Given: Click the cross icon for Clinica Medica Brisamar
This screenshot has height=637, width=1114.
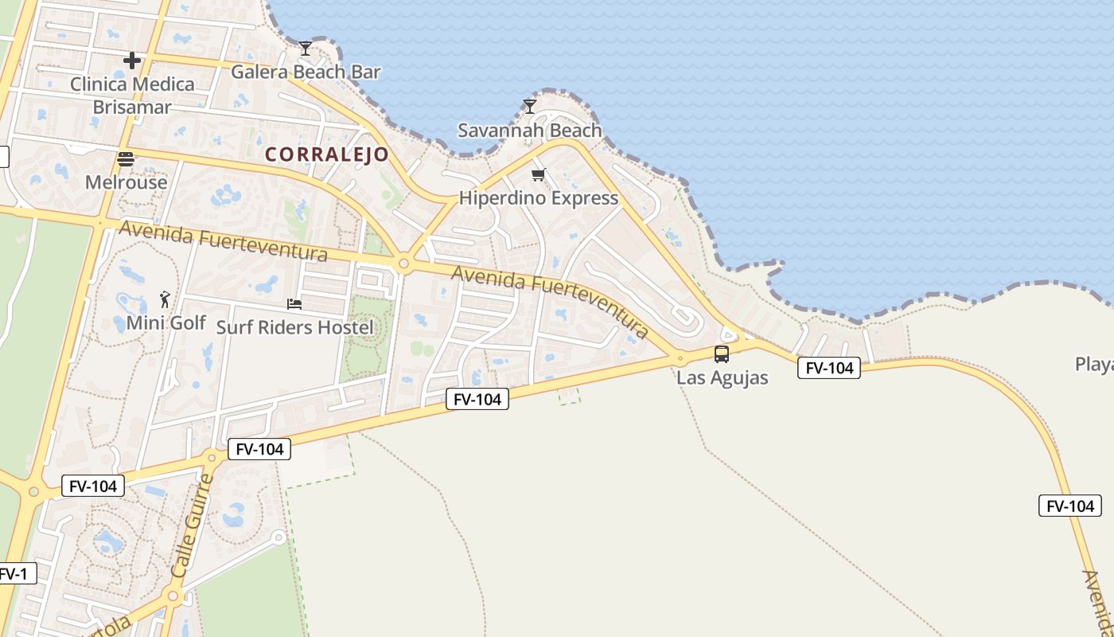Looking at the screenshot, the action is [x=132, y=61].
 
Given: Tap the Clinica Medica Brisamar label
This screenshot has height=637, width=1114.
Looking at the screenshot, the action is [x=132, y=95].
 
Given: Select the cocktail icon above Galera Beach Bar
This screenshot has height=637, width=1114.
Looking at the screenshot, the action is [x=305, y=49].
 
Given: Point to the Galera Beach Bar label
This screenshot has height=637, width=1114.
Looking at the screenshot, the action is [x=306, y=72].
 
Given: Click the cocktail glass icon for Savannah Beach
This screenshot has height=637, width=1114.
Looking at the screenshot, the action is [x=530, y=107].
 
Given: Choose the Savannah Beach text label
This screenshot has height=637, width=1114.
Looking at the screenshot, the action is [x=530, y=130].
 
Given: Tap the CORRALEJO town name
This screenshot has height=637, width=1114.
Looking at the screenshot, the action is [x=327, y=154].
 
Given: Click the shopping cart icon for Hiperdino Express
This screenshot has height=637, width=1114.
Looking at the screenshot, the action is [x=539, y=174].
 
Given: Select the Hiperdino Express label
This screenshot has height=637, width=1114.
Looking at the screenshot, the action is [x=539, y=197].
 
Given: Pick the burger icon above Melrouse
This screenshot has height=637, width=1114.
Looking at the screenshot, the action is [x=126, y=159].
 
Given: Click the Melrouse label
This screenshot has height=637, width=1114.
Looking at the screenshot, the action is [x=127, y=182].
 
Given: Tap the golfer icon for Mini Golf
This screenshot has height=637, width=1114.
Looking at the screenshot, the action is [x=166, y=299].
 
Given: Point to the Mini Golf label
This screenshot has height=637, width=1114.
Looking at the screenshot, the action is [x=166, y=322].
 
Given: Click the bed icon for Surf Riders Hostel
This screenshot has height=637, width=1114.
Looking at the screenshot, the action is [x=294, y=303].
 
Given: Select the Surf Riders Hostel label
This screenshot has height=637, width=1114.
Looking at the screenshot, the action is [x=294, y=326].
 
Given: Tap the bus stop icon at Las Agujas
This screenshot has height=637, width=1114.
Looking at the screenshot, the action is [x=722, y=354].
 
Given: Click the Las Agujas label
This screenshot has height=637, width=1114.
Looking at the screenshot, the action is [x=723, y=377].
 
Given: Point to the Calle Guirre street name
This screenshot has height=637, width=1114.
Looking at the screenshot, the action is [x=192, y=526].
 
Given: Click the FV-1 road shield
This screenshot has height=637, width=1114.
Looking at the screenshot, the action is [x=14, y=573].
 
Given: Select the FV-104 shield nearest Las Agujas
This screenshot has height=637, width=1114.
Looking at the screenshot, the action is [x=829, y=368].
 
